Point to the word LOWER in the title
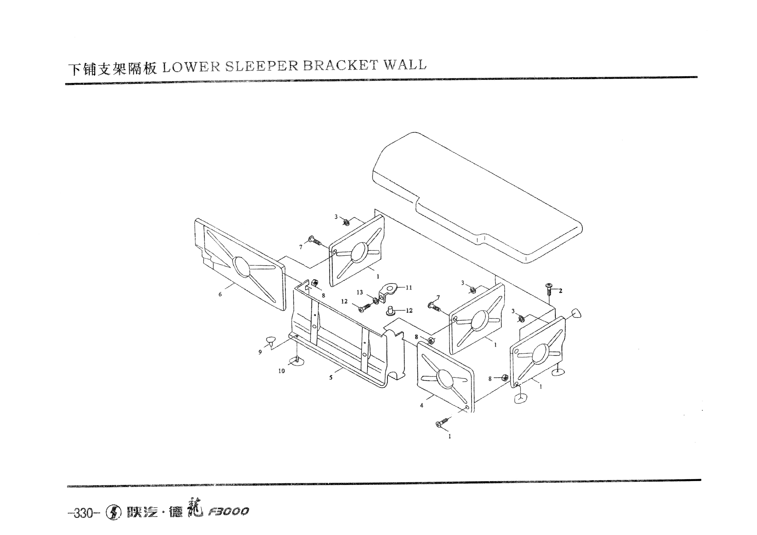(191, 67)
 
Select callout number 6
(220, 294)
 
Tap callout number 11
(409, 288)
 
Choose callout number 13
(359, 292)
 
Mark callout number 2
(561, 291)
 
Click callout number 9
(260, 352)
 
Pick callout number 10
(281, 371)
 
